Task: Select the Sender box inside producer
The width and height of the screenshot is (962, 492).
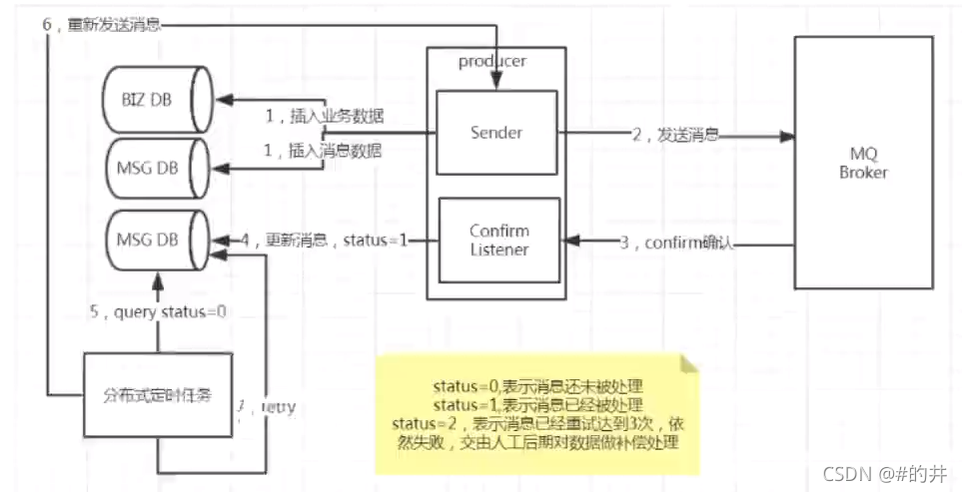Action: coord(496,132)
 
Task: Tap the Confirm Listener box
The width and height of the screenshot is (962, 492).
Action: coord(498,240)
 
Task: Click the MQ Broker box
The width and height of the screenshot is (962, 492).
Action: coord(863,164)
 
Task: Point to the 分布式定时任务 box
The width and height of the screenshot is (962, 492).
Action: coord(157,394)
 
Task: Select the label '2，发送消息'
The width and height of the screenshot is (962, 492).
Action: coord(674,134)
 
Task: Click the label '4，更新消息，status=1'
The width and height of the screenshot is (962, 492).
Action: coord(325,241)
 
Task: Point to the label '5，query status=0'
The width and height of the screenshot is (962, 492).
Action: coord(158,311)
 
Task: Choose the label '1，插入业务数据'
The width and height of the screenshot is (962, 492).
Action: coord(324,116)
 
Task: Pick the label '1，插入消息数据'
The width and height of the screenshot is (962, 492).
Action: coord(324,151)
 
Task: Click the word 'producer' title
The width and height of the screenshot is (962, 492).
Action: coord(491,61)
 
